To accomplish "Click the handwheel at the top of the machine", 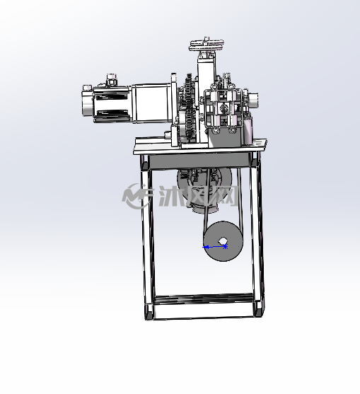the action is (207, 45).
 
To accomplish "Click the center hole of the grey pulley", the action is (222, 241).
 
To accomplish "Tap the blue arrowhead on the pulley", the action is (206, 248).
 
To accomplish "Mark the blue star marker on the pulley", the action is (226, 246).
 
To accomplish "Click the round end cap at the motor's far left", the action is (87, 100).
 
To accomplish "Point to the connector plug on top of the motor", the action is (112, 79).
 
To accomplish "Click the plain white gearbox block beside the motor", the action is (151, 103).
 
